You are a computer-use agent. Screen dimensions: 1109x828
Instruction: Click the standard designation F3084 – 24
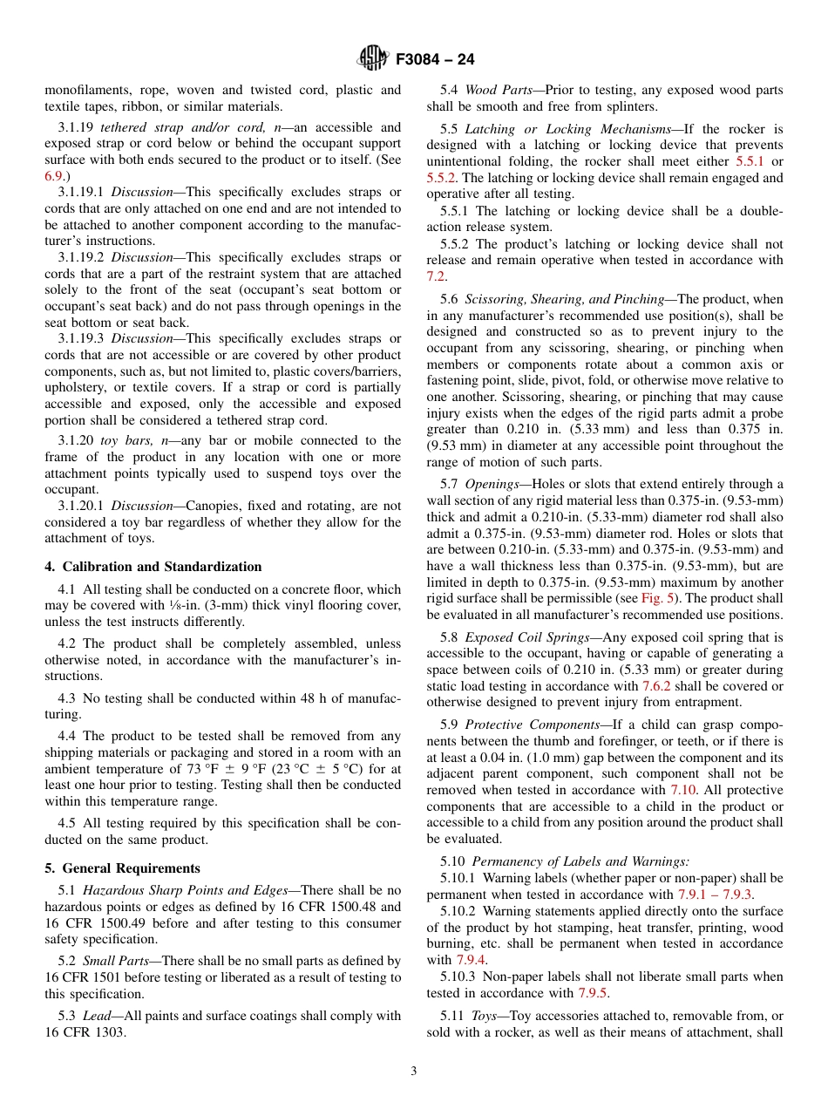pos(435,60)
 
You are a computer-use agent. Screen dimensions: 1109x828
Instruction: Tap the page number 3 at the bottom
pos(414,1072)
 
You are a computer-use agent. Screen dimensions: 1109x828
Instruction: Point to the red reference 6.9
pos(53,176)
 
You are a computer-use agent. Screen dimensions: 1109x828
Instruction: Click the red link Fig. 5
pos(655,598)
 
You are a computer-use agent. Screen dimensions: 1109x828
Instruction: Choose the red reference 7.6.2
pos(656,686)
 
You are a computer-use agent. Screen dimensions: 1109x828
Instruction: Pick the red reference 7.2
pos(436,276)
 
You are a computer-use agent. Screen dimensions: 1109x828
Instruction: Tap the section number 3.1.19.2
pos(80,258)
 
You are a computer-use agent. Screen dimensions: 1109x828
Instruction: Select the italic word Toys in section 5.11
pos(483,1016)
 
